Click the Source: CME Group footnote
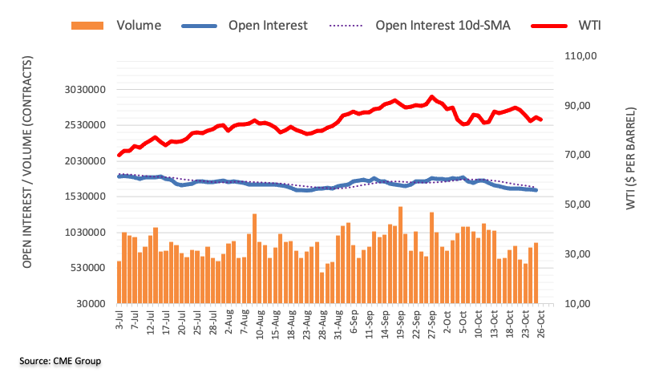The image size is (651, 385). pyautogui.click(x=60, y=362)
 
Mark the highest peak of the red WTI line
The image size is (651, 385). pyautogui.click(x=432, y=96)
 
